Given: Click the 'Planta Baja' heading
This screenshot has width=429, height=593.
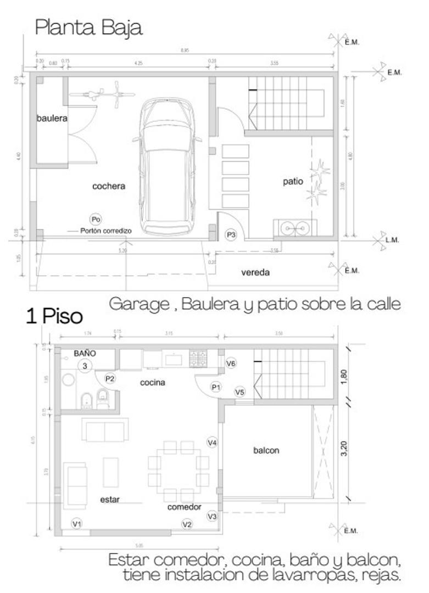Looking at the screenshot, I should [88, 27].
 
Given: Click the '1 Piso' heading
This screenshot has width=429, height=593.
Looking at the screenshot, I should [54, 317].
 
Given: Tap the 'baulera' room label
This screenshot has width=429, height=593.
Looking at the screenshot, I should [52, 118].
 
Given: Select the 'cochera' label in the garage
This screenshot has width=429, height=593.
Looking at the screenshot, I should [109, 186].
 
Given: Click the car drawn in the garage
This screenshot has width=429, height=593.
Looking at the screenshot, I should [168, 167].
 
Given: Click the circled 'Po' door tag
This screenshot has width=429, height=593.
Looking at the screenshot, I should [96, 220].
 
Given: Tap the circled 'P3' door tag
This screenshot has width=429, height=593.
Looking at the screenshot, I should [231, 235].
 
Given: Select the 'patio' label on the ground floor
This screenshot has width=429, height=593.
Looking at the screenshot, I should [293, 181].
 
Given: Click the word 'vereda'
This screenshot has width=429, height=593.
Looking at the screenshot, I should [255, 272].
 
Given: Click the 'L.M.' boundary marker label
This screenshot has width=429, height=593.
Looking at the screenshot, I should [392, 240].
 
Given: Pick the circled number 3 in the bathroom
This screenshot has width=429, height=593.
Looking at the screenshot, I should [85, 366].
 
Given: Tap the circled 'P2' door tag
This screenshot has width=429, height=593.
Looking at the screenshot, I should [110, 378].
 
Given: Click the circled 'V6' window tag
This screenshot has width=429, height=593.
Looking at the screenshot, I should [231, 363].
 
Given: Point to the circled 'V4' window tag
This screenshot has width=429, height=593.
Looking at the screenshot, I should [213, 442].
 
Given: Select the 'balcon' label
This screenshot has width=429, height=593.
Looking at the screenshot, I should [266, 451].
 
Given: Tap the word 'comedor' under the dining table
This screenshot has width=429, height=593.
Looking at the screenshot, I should [184, 507].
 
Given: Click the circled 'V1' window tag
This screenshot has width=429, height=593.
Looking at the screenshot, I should [77, 524].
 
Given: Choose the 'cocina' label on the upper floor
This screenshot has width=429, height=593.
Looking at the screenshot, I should [153, 382].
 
